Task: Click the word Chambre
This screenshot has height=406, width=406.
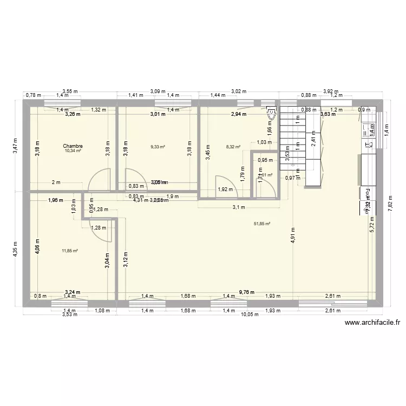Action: point(73,146)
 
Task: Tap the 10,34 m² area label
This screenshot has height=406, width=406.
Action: point(73,150)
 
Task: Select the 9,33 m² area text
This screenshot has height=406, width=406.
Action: point(158,146)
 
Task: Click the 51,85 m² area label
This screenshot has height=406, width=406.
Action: point(262,224)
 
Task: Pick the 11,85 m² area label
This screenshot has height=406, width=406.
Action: point(70,251)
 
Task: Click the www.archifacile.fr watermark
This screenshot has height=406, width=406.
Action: point(372,323)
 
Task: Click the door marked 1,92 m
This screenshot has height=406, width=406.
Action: point(223,183)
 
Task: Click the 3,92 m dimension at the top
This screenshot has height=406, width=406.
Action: point(330,92)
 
